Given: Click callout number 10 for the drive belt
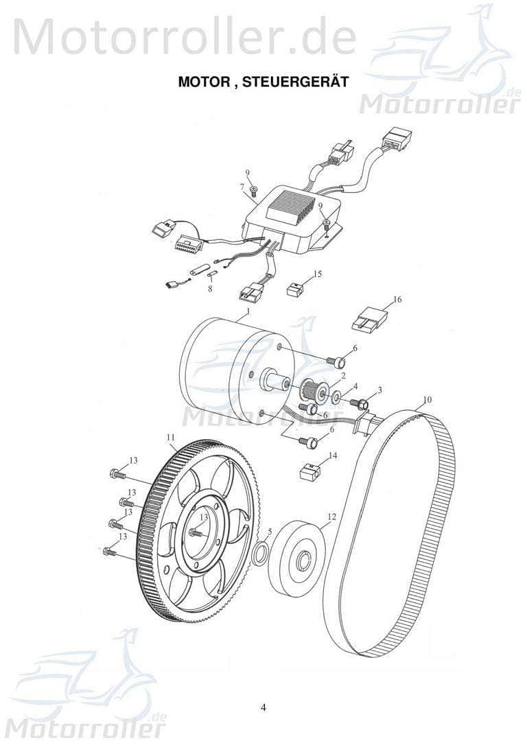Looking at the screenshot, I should [427, 399].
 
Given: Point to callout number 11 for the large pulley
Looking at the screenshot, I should [170, 437].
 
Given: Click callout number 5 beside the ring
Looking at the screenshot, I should [270, 532].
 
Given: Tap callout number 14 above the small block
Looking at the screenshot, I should [333, 455].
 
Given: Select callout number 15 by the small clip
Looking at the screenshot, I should [317, 274].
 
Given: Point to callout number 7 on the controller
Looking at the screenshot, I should [242, 186].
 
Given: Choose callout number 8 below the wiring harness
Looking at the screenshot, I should [210, 290].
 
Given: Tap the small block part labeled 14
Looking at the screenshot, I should [310, 473].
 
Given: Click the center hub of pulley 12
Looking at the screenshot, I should [301, 563].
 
